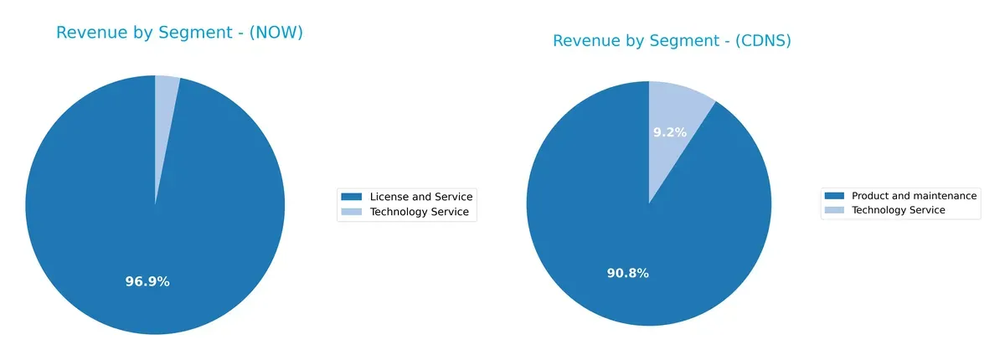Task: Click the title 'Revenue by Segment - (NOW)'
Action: (179, 33)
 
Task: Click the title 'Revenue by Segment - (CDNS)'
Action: (672, 41)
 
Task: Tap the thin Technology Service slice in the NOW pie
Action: (165, 109)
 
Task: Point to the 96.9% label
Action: (147, 282)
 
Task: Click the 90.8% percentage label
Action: (627, 273)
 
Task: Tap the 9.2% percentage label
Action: (669, 132)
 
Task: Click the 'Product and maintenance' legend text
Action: (914, 196)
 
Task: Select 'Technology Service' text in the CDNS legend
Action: (898, 210)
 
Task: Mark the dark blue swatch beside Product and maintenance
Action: (833, 196)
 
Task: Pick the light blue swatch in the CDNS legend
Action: (833, 210)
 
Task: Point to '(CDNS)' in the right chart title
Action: (763, 41)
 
